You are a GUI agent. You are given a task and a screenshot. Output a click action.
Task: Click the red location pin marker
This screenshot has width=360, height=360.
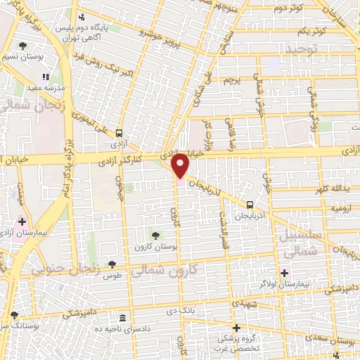(x=181, y=165)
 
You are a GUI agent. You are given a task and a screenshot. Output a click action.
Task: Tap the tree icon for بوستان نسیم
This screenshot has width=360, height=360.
(x=23, y=46)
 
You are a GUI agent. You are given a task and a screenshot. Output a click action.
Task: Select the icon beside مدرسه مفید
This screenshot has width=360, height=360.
(x=46, y=77)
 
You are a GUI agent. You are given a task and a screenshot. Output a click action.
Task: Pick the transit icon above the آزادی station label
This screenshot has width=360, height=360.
(x=119, y=132)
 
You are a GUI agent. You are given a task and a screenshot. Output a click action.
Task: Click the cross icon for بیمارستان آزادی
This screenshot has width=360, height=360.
(x=22, y=221)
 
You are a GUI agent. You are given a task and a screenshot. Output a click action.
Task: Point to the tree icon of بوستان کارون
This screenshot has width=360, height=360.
(x=155, y=235)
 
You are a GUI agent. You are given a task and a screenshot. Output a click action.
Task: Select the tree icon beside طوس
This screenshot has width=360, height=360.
(x=112, y=264)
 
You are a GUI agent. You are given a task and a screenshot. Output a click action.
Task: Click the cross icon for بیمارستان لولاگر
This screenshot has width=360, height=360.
(x=284, y=273)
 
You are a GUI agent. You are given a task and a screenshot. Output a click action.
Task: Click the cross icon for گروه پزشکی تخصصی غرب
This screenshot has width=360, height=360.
(x=236, y=328)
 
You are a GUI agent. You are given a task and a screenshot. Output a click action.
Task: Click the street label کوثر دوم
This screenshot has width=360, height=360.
(x=288, y=8)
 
